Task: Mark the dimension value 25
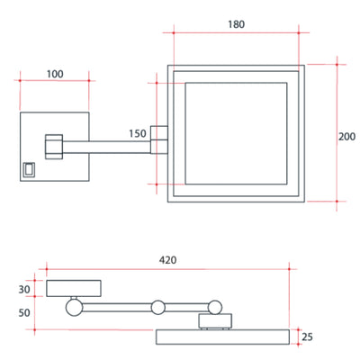tap(308, 337)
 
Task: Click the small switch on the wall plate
tap(29, 166)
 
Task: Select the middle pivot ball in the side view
tap(157, 307)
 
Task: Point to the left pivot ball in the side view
tap(72, 307)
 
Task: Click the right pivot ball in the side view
tap(212, 308)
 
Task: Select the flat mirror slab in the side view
tap(227, 337)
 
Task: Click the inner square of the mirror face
tap(237, 132)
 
